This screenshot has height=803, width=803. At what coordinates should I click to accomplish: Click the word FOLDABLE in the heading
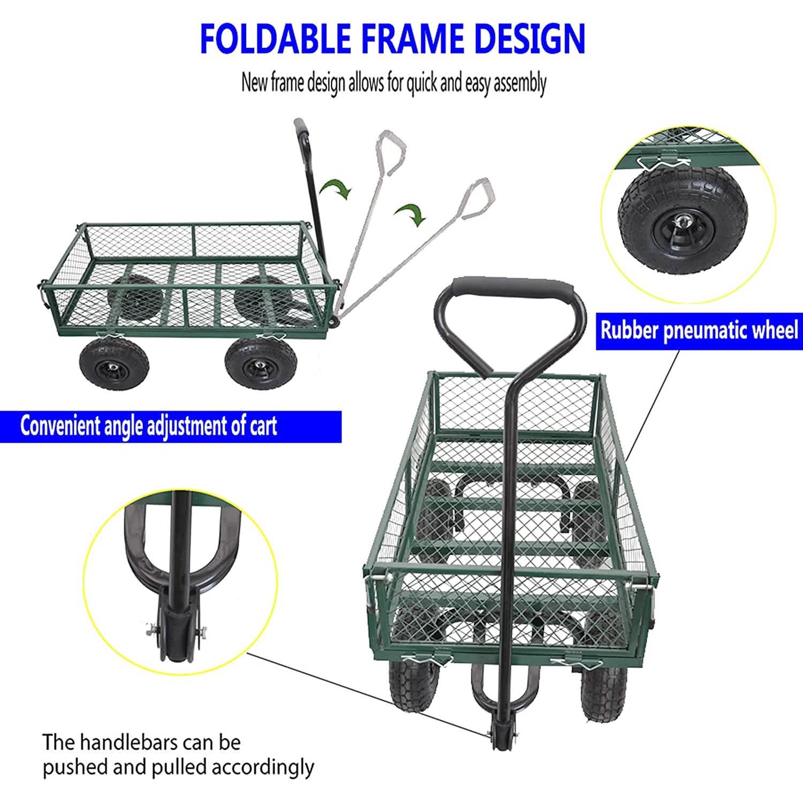[x=275, y=37]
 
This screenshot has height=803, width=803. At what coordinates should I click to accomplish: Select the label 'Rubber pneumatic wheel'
[x=699, y=330]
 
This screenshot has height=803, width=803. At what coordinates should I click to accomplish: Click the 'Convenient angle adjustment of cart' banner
[x=149, y=426]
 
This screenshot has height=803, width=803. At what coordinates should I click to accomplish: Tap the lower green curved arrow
[x=411, y=213]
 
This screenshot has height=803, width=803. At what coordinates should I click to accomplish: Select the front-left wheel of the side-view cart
[x=114, y=365]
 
